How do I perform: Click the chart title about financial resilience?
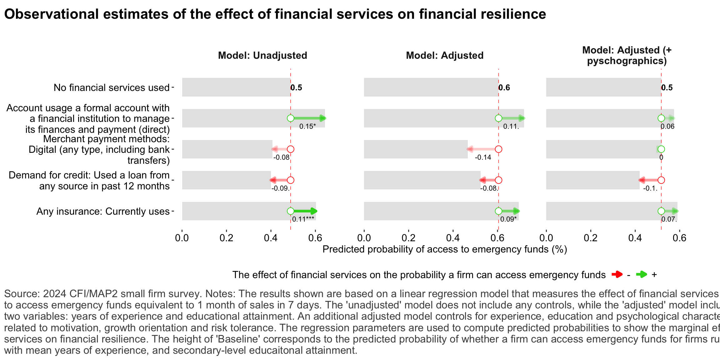(x=275, y=14)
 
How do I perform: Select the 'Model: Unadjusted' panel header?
(x=262, y=55)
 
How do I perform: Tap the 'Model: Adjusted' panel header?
(x=444, y=55)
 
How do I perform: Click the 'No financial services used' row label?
(x=112, y=87)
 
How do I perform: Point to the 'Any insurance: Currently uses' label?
(x=103, y=211)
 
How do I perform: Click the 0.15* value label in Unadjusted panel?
(x=307, y=126)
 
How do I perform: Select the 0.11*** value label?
(x=303, y=219)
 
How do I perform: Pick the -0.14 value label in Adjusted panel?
(x=483, y=157)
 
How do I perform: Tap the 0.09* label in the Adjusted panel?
(x=508, y=219)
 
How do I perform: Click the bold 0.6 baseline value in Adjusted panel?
(x=504, y=87)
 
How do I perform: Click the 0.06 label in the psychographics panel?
(x=667, y=126)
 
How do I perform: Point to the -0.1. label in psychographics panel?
(x=650, y=188)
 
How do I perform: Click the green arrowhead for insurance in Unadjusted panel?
(x=314, y=211)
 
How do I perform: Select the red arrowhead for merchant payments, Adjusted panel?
(x=470, y=149)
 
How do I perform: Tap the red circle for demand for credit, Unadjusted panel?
(x=290, y=180)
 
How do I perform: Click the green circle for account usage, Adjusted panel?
(x=498, y=118)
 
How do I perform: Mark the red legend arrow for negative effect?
(x=617, y=275)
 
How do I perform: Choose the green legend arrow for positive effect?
(x=642, y=275)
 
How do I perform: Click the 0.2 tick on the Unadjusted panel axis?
(x=226, y=238)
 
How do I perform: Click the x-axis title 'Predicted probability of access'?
(x=444, y=249)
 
